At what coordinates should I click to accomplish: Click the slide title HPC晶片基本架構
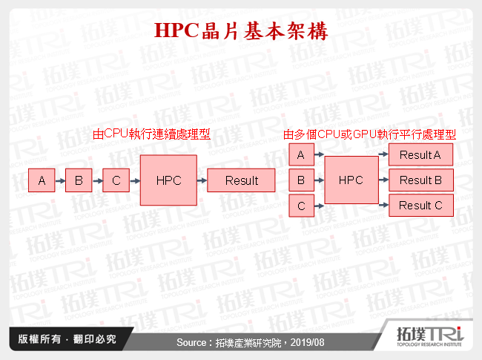pos(241,31)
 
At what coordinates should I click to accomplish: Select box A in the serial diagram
pos(42,180)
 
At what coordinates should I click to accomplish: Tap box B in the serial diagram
pos(79,180)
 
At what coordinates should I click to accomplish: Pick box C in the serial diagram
pos(116,180)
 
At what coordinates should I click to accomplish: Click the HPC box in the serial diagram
pos(168,180)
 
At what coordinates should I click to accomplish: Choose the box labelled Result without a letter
pos(242,180)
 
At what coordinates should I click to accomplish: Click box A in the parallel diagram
pos(300,155)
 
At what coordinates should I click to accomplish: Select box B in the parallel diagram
pos(300,180)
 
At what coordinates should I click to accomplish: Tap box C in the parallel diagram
pos(300,206)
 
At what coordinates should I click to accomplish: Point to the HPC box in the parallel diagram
pos(351,180)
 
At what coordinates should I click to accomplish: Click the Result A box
pos(420,155)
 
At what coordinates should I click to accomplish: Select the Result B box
pos(420,180)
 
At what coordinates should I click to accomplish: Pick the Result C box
pos(420,206)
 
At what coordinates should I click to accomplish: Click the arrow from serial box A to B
pos(60,180)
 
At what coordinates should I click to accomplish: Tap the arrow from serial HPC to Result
pos(202,180)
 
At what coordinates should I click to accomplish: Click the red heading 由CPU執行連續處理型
pos(152,134)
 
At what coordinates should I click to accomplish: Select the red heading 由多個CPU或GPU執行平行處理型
pos(369,134)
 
